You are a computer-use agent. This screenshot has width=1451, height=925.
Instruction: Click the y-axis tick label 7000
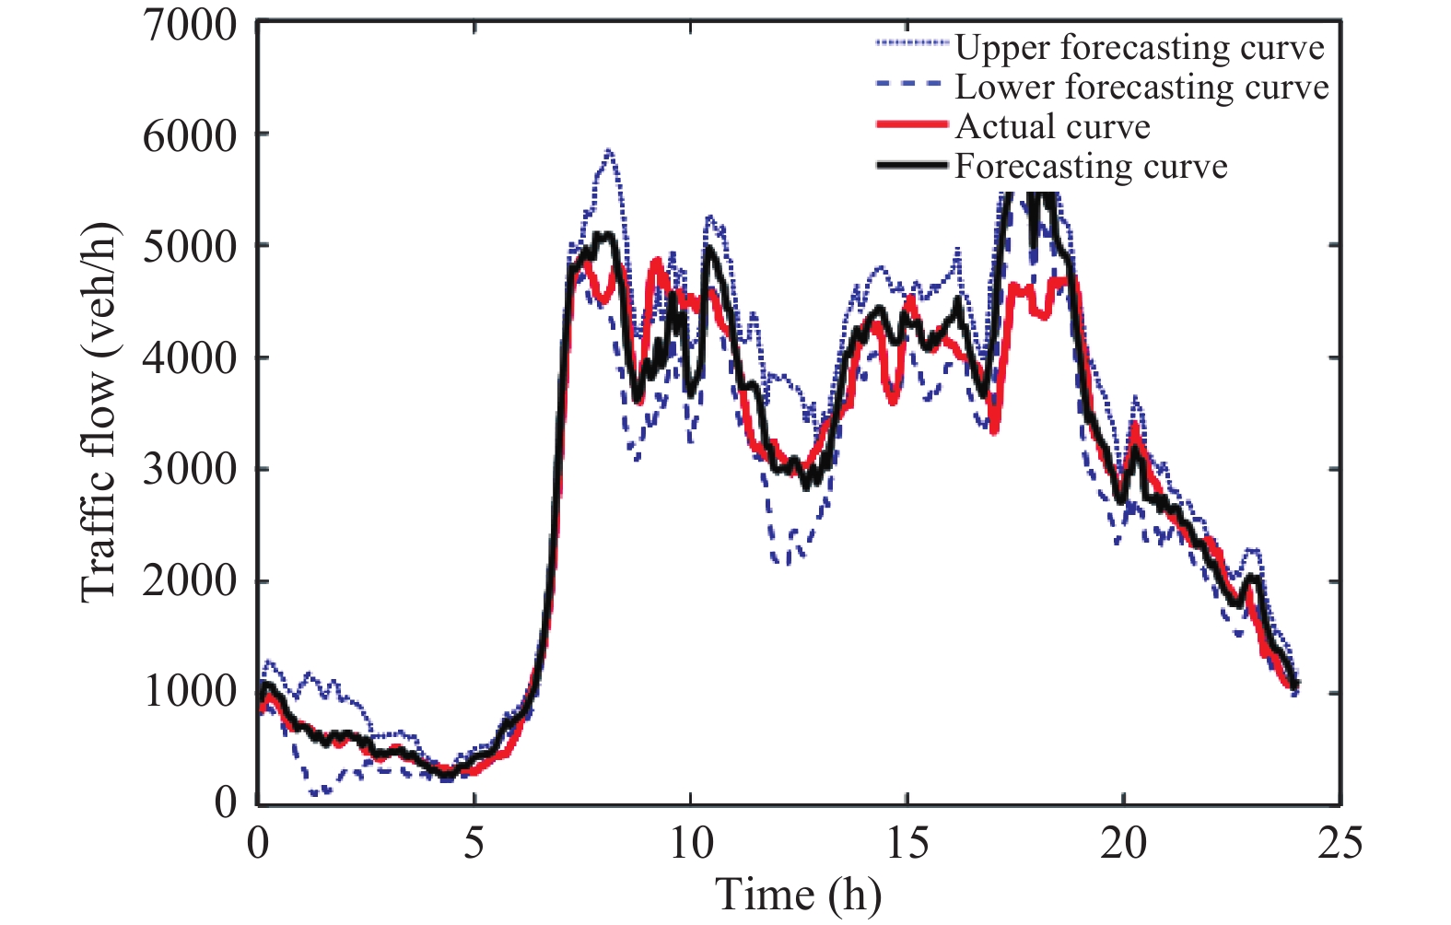190,25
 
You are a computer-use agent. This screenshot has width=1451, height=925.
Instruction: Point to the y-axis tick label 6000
190,136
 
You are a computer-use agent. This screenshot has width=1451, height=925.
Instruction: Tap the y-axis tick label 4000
190,359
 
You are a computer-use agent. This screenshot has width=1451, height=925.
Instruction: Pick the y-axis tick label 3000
190,471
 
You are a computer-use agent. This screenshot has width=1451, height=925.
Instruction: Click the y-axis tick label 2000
190,582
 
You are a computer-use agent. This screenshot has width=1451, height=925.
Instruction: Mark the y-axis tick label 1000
190,693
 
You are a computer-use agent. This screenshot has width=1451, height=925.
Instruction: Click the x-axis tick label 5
474,843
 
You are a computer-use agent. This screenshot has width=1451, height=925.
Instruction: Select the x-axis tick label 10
691,843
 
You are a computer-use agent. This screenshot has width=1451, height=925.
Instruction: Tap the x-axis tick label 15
907,843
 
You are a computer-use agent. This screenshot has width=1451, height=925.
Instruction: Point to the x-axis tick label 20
1124,843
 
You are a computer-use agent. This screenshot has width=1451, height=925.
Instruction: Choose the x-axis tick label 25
1340,843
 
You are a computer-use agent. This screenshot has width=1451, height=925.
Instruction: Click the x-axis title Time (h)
799,896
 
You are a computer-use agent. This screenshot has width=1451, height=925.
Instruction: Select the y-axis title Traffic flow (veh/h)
100,413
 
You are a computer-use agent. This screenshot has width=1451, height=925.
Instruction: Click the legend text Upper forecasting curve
1140,47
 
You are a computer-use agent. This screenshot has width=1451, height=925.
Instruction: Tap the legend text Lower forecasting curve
1142,87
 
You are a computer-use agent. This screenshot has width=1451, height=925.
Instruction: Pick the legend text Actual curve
1053,126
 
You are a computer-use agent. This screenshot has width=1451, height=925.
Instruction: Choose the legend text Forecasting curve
1092,166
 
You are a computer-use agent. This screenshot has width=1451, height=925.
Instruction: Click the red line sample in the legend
912,124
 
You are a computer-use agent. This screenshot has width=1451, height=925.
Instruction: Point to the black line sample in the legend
912,165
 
